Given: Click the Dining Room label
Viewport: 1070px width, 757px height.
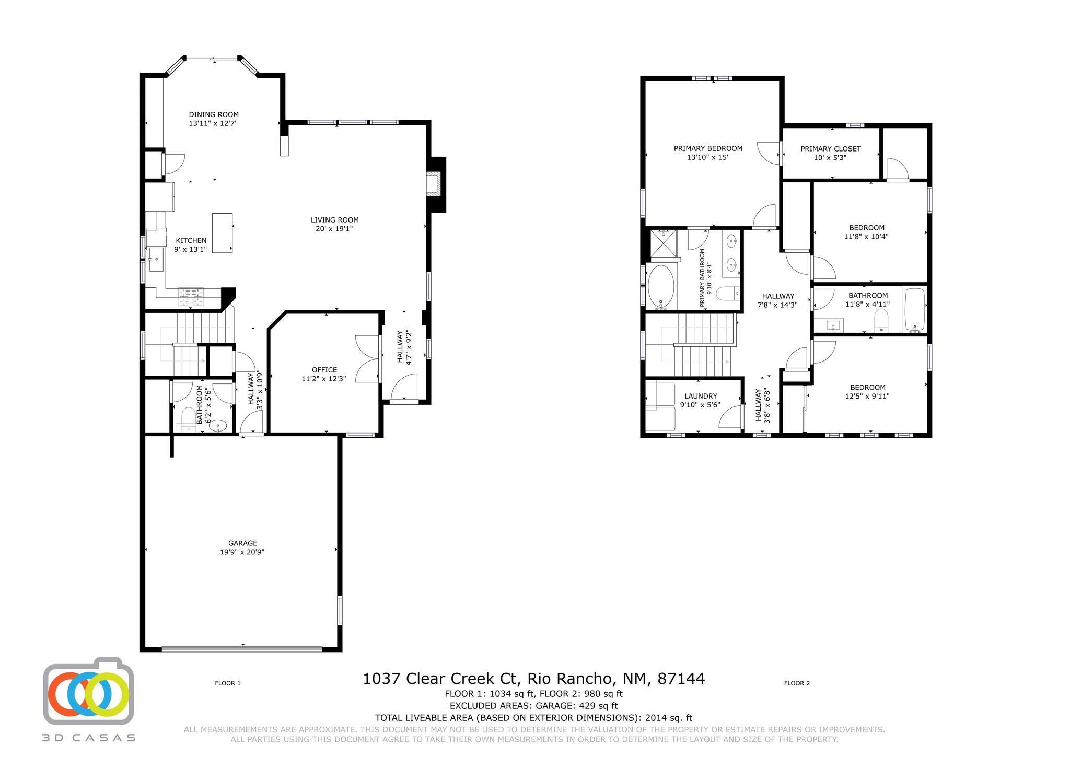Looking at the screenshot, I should [x=214, y=114].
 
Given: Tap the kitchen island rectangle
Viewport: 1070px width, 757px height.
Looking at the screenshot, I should [x=222, y=233].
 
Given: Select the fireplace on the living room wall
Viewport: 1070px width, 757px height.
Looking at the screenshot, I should [x=434, y=184].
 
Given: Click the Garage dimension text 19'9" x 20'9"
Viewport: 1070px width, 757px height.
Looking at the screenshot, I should [x=242, y=552].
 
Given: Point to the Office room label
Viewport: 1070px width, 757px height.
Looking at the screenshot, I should [x=324, y=370].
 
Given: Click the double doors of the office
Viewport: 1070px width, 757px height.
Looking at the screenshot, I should [x=367, y=359].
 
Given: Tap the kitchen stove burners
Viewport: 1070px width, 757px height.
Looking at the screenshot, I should [x=190, y=297].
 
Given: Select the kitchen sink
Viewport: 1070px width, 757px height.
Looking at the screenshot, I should [x=156, y=259].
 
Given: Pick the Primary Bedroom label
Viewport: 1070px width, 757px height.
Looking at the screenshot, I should [x=708, y=148].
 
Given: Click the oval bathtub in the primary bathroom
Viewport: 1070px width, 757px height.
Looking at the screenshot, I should [x=661, y=287].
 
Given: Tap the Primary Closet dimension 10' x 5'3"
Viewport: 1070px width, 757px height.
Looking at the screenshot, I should [x=830, y=157].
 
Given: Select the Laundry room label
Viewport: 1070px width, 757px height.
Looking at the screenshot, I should [x=701, y=396].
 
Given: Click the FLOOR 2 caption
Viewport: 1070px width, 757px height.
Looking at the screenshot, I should [x=797, y=683].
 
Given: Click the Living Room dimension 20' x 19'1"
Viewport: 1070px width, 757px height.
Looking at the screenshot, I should [x=334, y=229].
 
